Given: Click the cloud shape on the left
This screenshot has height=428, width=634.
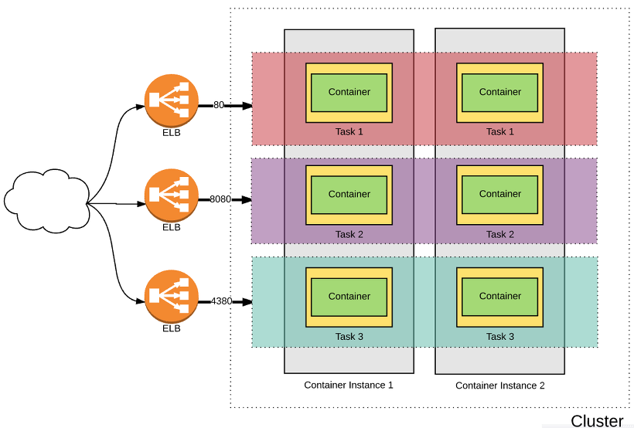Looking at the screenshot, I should coord(45,202).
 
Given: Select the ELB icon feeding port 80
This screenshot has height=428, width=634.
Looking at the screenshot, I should coord(171,100).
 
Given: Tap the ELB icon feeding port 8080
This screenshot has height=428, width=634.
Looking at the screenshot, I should coord(171,197).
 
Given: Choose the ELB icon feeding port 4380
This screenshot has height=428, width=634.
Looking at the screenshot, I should coord(171,297).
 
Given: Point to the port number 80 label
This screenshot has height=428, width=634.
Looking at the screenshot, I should coord(219,105).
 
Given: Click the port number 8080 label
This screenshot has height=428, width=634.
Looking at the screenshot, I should coord(220,199).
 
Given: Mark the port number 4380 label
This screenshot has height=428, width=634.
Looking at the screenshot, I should coord(221,301).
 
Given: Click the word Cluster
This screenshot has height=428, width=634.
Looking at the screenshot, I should coord(597,421).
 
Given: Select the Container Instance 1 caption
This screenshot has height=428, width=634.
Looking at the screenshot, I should coord(349,385).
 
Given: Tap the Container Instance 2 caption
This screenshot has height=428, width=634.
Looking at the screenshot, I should coord(499,386).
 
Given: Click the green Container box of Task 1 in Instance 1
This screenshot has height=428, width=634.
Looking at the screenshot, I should coord(349,92).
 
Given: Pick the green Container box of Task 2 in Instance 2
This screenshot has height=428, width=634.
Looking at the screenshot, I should coord(500,194).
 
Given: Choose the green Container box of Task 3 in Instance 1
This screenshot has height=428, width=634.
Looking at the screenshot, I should coord(349,296).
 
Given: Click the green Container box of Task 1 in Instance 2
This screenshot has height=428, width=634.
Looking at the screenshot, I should coord(500,92).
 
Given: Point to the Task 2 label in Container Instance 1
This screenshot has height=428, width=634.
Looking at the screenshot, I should coord(349,234).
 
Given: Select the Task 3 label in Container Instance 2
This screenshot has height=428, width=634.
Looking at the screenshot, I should coord(500,337).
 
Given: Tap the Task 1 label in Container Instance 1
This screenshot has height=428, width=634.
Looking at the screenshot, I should coord(349,131).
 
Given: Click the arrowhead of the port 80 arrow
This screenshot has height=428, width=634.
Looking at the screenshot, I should coord(247,106).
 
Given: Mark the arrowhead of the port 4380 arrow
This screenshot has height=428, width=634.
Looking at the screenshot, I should coord(247,302).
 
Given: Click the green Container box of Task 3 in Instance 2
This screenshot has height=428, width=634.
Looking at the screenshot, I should coord(500,296).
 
